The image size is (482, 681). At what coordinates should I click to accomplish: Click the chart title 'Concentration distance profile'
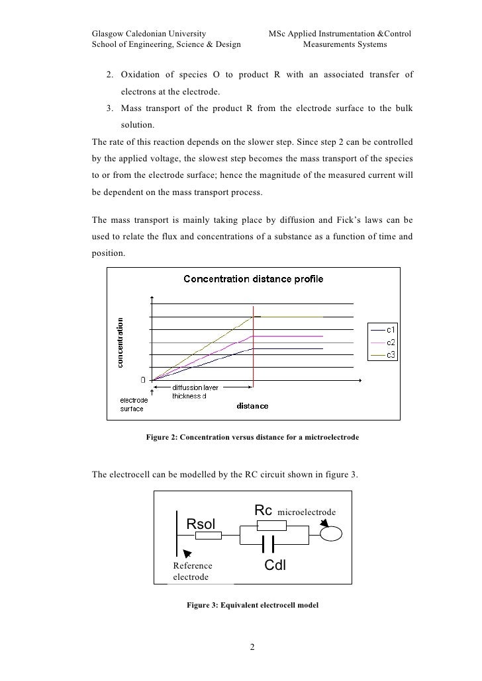tap(254, 279)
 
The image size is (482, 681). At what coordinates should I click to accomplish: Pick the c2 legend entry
tap(391, 342)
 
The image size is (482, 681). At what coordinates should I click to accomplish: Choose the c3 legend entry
tap(391, 355)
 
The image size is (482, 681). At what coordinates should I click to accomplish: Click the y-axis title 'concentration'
tap(120, 342)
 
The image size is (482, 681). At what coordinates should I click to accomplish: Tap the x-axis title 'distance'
tap(253, 406)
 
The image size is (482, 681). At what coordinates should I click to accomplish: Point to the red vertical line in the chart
tap(254, 350)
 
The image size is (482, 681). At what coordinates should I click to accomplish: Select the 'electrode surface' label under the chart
tap(132, 404)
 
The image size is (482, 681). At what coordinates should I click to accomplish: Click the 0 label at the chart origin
tap(142, 380)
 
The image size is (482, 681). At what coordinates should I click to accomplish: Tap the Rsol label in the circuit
tap(201, 524)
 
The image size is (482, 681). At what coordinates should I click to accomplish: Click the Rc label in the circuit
tap(264, 510)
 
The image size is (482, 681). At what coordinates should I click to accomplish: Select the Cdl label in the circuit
tap(275, 565)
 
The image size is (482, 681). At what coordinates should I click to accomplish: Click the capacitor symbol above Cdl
tap(267, 543)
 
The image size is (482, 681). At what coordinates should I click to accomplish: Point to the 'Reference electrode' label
tap(193, 571)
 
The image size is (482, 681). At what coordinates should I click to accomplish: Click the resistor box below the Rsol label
tap(209, 536)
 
